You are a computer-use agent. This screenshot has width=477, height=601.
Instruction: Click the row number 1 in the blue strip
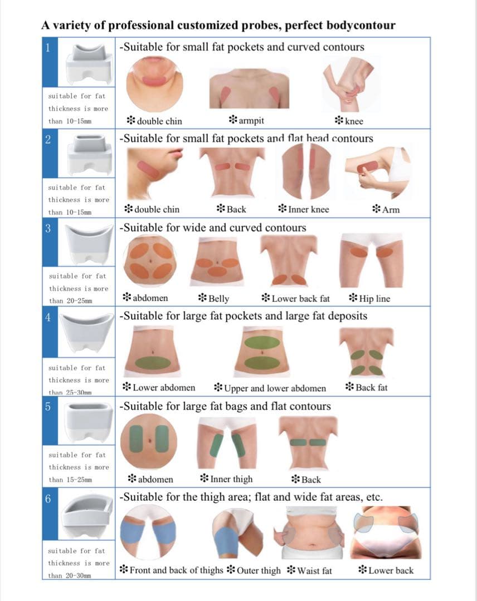[47, 48]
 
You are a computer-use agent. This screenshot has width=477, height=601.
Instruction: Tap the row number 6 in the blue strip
[48, 499]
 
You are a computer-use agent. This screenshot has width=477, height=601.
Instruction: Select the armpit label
[246, 120]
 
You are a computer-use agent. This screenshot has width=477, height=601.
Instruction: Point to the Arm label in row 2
[386, 209]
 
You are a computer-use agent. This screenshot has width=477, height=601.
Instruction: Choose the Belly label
[213, 298]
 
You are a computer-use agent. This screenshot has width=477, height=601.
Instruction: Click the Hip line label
[369, 298]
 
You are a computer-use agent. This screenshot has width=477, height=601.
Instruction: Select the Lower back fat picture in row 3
[289, 260]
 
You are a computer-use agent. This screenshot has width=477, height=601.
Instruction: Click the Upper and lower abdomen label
[270, 388]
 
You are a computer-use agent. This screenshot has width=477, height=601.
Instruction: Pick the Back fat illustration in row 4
[366, 352]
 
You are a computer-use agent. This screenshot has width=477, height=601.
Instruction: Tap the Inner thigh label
[226, 479]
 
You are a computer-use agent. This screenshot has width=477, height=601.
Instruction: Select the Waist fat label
[309, 570]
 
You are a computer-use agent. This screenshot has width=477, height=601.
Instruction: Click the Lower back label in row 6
[386, 570]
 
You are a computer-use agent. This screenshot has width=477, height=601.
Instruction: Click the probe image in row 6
[87, 516]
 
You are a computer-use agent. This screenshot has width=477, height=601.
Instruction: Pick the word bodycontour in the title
[361, 25]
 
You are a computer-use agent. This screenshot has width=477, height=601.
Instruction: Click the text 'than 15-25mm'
[70, 480]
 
